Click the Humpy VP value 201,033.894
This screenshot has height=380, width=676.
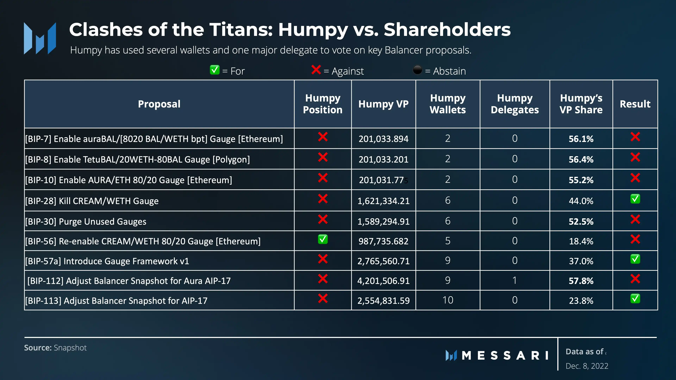pos(383,139)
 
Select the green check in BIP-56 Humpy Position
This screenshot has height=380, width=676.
pos(323,239)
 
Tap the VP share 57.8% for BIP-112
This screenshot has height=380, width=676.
pos(581,281)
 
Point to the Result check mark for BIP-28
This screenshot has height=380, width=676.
pos(635,199)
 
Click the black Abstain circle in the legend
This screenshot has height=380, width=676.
pos(417,70)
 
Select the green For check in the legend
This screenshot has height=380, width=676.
pos(215,70)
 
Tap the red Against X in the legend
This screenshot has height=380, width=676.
pos(316,70)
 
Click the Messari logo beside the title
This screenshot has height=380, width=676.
pos(40,38)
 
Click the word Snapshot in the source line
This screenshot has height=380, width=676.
pos(70,348)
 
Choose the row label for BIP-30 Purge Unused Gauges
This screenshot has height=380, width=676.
pos(86,222)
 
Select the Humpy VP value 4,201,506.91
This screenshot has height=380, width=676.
pos(383,281)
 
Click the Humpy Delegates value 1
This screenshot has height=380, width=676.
pos(515,280)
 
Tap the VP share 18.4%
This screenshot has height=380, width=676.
pos(581,241)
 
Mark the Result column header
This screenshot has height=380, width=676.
pos(635,104)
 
